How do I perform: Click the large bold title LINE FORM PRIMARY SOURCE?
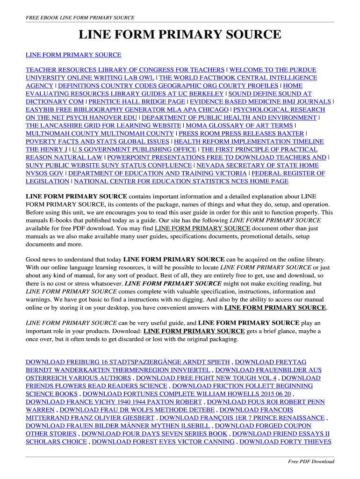(180, 35)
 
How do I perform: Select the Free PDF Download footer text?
(311, 462)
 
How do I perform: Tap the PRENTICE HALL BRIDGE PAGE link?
(137, 102)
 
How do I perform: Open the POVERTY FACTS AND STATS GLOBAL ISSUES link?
(97, 141)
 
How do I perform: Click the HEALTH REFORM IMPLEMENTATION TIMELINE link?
(249, 141)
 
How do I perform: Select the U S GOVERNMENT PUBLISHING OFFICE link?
(134, 149)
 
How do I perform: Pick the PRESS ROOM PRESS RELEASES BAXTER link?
(238, 133)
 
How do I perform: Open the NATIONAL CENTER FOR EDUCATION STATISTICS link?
(181, 181)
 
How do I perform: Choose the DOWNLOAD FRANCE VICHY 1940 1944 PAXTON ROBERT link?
(114, 402)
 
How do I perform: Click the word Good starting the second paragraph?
(34, 259)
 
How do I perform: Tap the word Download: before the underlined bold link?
(127, 331)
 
